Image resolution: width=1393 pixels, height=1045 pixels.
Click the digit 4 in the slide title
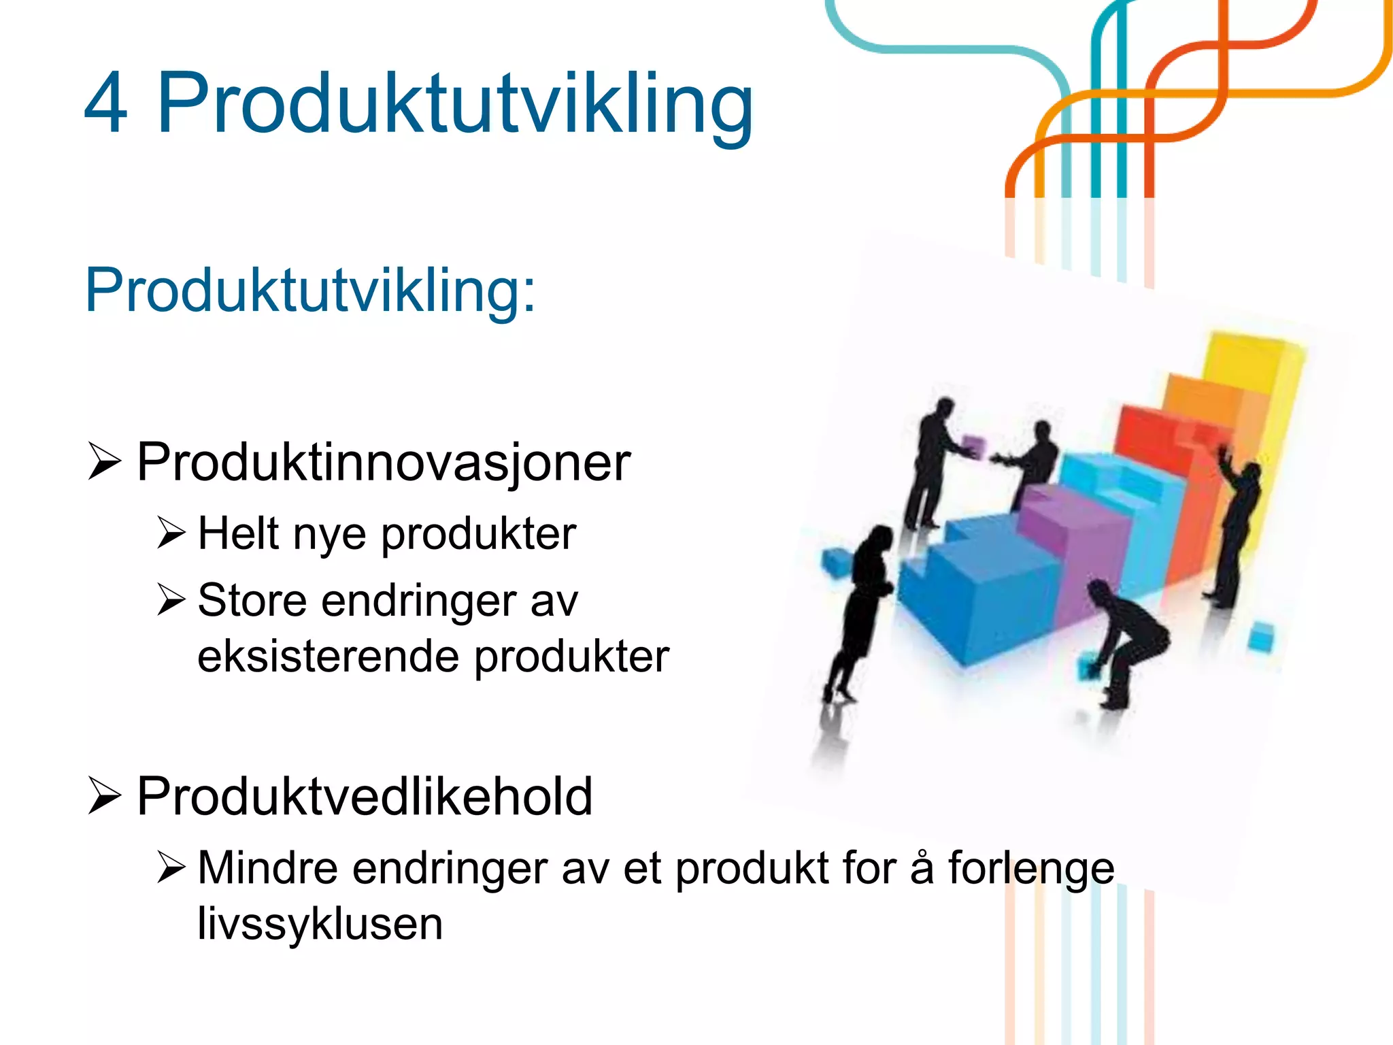coord(106,103)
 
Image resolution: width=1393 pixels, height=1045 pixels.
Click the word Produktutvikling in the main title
coord(454,103)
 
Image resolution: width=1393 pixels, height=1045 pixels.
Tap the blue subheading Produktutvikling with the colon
coord(310,290)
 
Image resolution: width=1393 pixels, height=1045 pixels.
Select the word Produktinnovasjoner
coord(383,463)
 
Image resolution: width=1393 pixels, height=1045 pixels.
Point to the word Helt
coord(239,533)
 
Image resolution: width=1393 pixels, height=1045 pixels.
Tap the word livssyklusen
coord(320,924)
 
